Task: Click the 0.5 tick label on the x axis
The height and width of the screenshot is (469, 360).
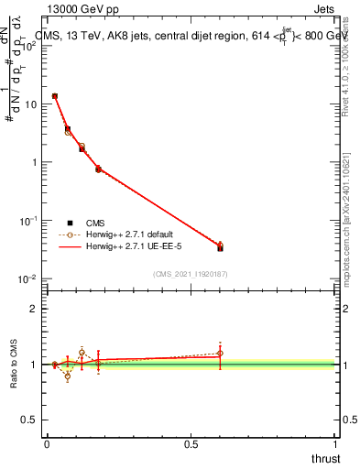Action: (191, 444)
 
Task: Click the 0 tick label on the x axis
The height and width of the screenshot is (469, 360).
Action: (47, 444)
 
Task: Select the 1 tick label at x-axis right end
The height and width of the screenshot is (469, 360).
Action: (335, 444)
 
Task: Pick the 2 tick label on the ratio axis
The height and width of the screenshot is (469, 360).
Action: (35, 309)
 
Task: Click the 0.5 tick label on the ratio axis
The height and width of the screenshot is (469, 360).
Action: (30, 421)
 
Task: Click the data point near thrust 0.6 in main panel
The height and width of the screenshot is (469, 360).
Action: (220, 246)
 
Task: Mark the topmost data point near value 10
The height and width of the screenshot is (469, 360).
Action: (55, 96)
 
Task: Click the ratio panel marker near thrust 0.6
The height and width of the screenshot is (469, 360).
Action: (220, 354)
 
